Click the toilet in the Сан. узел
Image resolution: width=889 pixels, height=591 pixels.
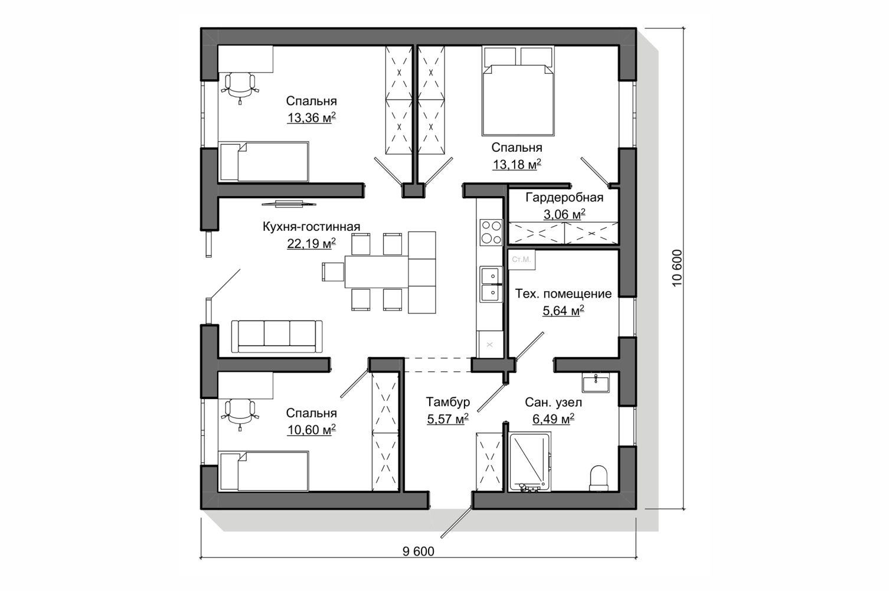click(x=599, y=478)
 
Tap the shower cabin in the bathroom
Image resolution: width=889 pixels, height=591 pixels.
click(x=530, y=462)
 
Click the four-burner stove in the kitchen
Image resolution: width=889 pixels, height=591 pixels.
click(x=491, y=232)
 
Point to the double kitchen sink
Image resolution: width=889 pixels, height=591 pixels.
click(x=491, y=284)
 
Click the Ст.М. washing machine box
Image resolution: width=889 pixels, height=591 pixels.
click(x=521, y=260)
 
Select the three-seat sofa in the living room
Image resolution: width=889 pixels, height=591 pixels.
click(x=277, y=337)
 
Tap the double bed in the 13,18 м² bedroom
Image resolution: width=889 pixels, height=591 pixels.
click(x=518, y=91)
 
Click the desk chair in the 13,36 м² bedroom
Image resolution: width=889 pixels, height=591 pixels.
click(x=240, y=87)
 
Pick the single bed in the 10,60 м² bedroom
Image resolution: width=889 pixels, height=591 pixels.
click(x=264, y=471)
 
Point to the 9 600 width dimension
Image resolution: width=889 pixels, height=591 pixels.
click(x=419, y=551)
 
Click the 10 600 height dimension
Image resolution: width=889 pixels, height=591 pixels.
click(x=677, y=268)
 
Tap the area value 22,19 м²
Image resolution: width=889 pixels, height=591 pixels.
click(x=312, y=243)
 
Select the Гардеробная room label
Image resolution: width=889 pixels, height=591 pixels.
click(x=564, y=197)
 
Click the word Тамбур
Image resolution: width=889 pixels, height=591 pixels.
click(x=448, y=401)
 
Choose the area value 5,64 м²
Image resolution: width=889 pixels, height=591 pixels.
click(x=564, y=311)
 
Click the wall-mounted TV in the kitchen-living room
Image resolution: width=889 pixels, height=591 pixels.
click(x=289, y=204)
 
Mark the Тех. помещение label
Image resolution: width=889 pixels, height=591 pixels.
click(x=564, y=293)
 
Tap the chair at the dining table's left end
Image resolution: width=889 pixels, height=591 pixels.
click(x=332, y=272)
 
